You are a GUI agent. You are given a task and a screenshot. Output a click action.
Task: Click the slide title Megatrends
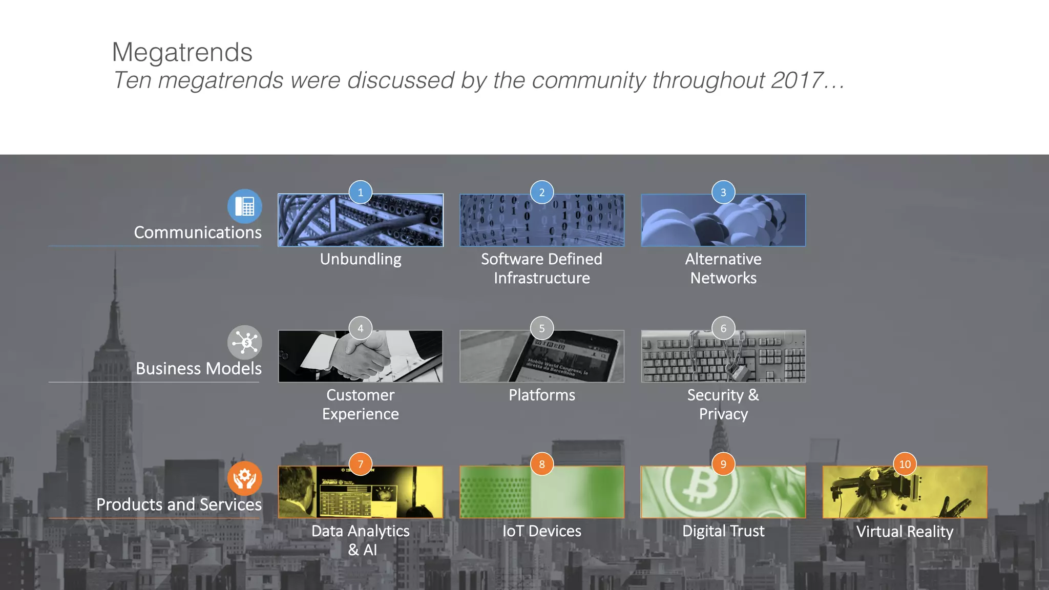coord(182,52)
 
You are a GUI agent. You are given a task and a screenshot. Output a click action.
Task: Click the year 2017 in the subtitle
coord(796,80)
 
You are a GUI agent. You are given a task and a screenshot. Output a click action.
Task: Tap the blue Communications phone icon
coord(245,206)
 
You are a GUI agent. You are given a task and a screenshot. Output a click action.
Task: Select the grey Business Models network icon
coord(245,342)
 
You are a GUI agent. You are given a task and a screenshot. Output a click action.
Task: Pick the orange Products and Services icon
coord(245,478)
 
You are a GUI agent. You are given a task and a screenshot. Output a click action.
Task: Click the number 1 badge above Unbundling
coord(361,193)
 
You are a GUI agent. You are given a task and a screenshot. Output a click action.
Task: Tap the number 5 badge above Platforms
coord(542,328)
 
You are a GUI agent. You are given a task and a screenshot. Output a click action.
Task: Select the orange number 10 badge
coord(905,464)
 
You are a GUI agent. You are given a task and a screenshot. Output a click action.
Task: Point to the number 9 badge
coord(723,464)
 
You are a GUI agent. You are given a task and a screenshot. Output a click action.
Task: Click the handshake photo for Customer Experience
coord(361,356)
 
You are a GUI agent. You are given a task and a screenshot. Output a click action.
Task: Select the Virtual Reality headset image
coord(905,492)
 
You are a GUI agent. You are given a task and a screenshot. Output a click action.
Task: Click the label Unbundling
coord(361,259)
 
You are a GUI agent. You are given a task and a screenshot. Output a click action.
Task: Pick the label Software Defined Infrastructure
coord(542,268)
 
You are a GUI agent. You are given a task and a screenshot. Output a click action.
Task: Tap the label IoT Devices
coord(542,531)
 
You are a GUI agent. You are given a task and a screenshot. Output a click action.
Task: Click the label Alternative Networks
coord(723,268)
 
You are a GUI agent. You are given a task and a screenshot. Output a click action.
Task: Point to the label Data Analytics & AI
coord(361,540)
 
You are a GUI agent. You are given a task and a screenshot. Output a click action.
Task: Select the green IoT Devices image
coord(542,492)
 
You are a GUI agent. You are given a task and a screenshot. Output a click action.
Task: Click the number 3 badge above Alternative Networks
coord(723,193)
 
